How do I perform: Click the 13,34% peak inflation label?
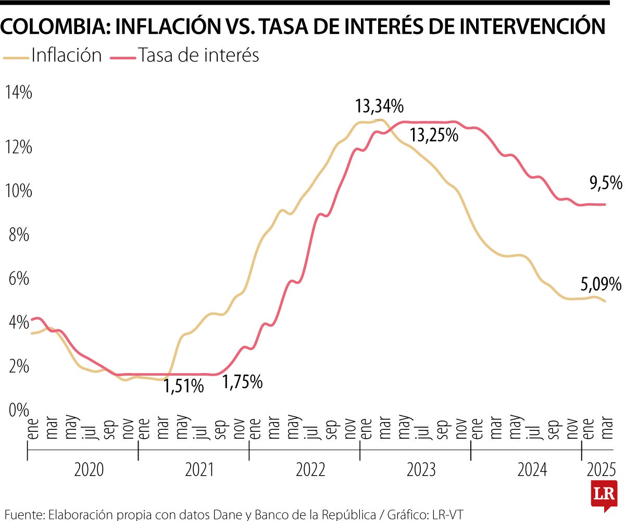coord(379,107)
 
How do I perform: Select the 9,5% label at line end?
coord(606,183)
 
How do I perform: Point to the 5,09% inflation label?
coord(601,284)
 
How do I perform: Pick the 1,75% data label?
coord(243,382)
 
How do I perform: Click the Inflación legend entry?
coord(66,55)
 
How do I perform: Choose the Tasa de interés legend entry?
coord(198,55)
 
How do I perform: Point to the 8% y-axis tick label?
coord(17,235)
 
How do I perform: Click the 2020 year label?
coord(89,470)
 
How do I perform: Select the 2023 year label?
coord(421,470)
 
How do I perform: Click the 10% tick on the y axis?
coord(18,191)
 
